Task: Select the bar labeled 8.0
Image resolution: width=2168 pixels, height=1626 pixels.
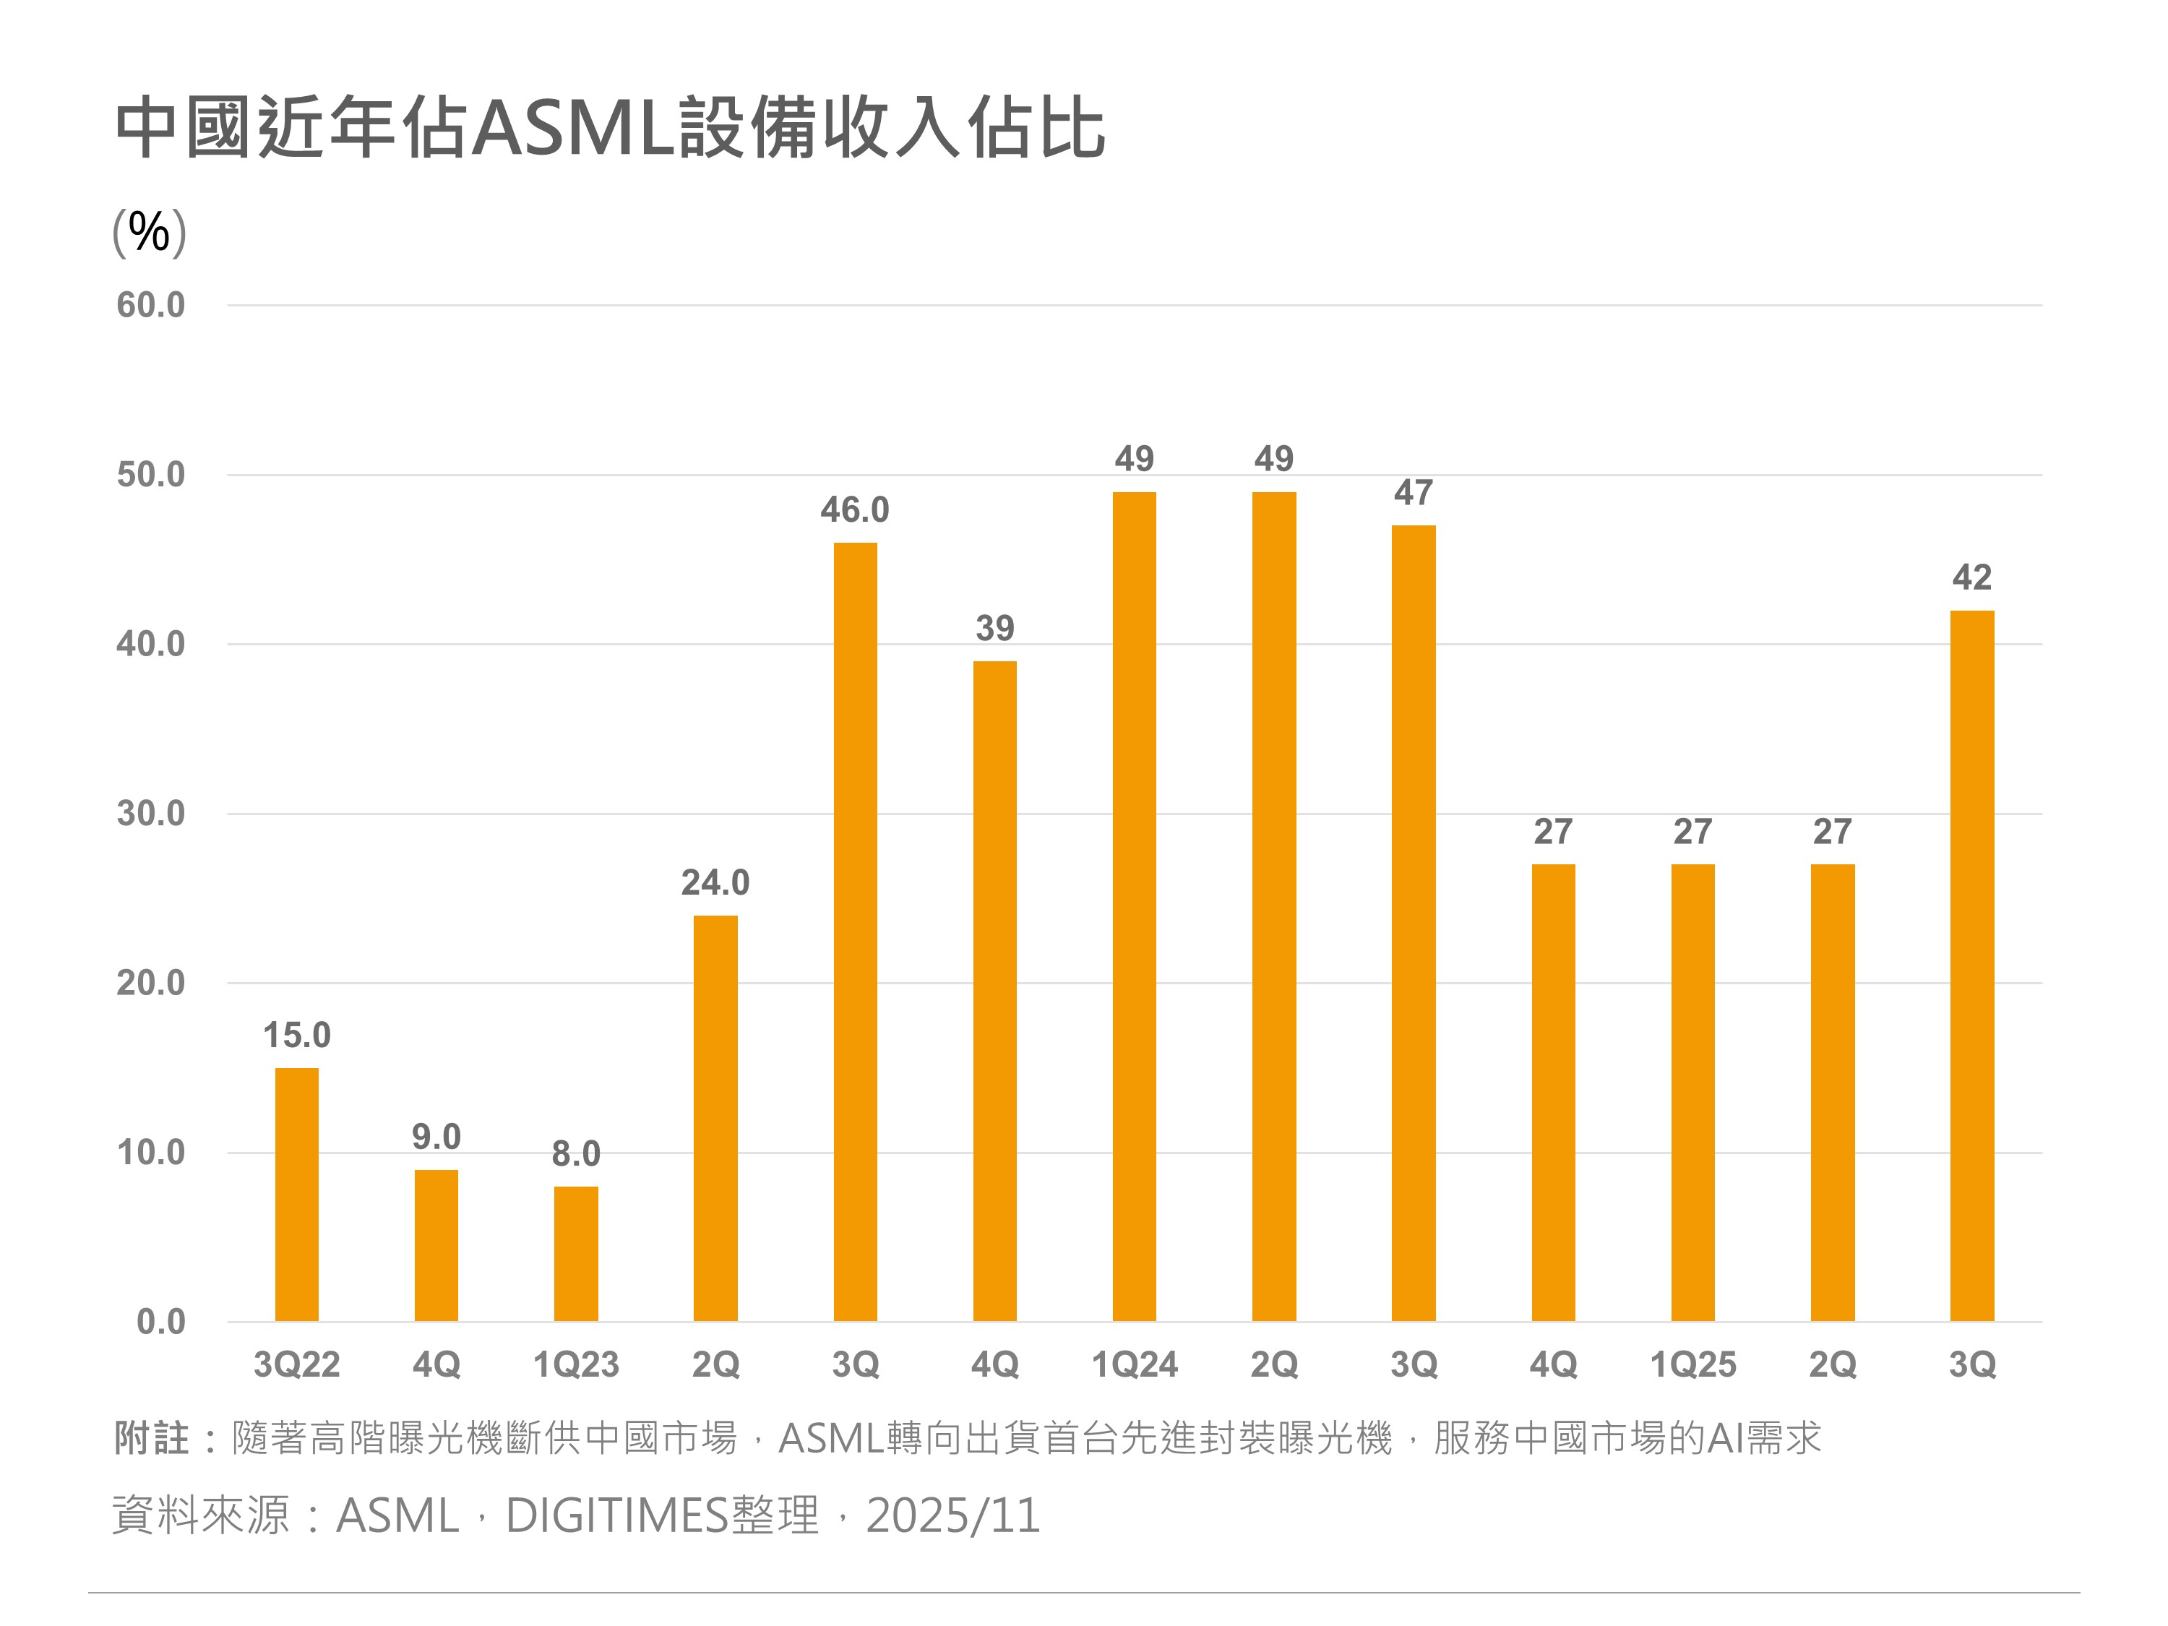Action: [575, 1254]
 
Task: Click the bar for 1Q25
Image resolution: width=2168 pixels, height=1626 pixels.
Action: [1692, 1093]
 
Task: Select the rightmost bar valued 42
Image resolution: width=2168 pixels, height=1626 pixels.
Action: [1972, 965]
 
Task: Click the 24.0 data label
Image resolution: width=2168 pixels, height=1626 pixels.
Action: [715, 883]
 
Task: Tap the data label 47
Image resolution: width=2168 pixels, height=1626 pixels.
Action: [1414, 493]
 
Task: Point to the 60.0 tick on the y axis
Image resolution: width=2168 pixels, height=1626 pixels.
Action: [150, 306]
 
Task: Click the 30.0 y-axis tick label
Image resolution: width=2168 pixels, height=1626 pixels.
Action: [150, 814]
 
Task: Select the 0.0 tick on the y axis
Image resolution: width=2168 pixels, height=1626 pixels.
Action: [160, 1322]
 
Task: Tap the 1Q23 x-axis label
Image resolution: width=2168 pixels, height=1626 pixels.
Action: [575, 1364]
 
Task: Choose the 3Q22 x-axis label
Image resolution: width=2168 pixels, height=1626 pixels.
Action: [296, 1364]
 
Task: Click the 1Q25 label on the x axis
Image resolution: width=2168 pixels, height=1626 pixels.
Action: [1692, 1364]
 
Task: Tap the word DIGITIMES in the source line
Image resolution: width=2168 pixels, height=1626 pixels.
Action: [616, 1516]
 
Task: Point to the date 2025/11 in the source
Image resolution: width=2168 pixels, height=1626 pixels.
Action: [952, 1516]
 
